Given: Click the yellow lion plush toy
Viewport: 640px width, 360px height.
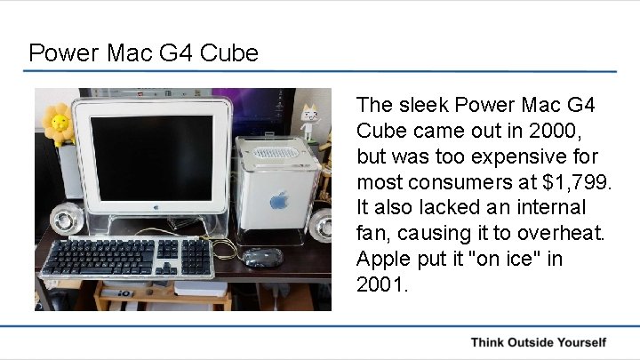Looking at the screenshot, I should [59, 123].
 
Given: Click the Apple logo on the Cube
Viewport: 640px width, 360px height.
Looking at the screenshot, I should [277, 201].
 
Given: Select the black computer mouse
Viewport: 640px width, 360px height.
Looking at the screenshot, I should [262, 258].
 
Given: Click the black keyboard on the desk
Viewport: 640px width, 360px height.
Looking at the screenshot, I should [129, 257].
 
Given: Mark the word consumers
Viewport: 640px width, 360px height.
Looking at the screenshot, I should [456, 182].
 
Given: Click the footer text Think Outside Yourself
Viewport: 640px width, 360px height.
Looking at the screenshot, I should [539, 342].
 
